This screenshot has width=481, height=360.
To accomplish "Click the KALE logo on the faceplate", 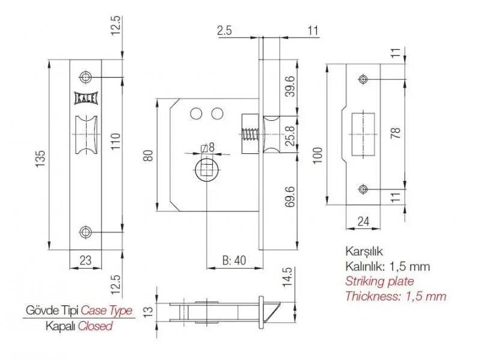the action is [86, 98].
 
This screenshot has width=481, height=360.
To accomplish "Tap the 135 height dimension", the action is [41, 158].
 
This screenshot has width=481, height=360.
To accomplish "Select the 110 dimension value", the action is [115, 141].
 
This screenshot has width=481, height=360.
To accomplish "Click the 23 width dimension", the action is [85, 260].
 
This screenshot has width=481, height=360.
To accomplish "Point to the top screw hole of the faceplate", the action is [85, 77].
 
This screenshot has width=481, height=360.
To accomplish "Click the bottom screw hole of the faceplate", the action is [85, 232].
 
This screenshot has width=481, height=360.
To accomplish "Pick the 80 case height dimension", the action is [148, 156].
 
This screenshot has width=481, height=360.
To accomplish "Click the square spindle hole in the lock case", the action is [207, 169].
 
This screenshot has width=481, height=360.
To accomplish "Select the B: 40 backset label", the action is [234, 260].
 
